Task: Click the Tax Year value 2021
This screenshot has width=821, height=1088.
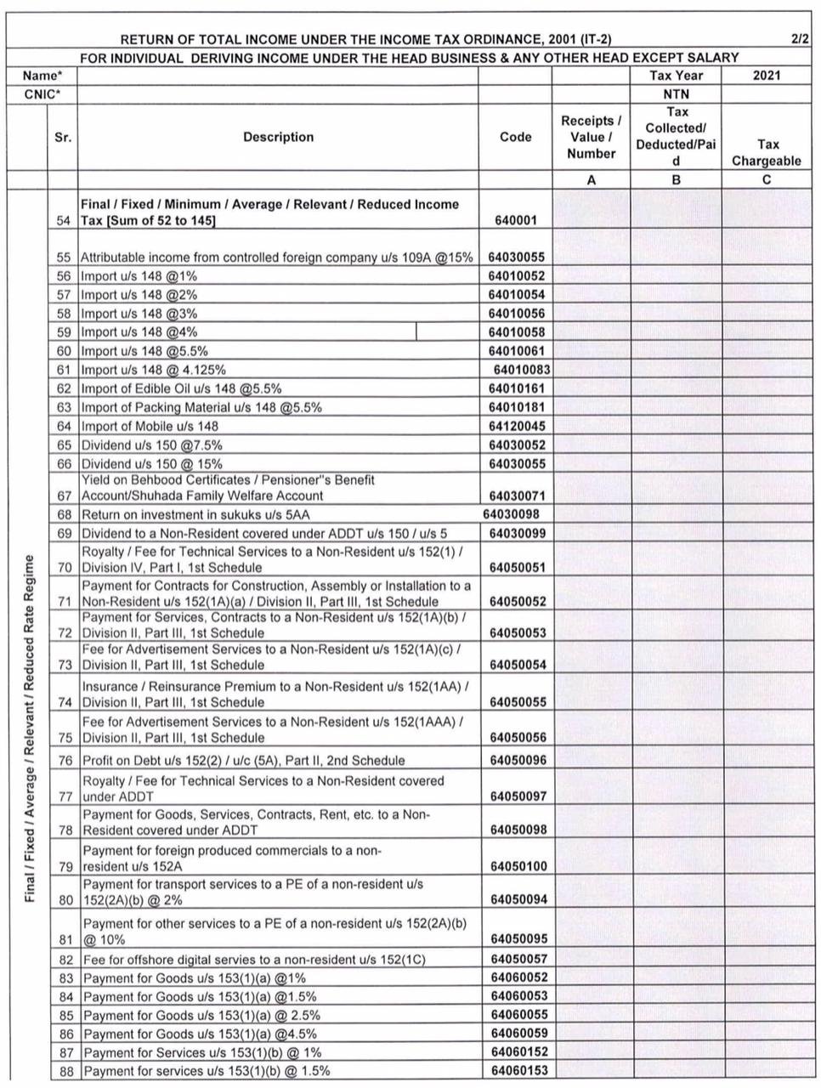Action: pyautogui.click(x=767, y=75)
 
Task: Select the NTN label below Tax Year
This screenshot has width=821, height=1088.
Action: pyautogui.click(x=676, y=93)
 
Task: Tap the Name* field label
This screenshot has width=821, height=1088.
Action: pyautogui.click(x=42, y=76)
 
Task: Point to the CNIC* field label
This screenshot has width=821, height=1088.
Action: pyautogui.click(x=42, y=93)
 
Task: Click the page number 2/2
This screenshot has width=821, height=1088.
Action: pyautogui.click(x=799, y=39)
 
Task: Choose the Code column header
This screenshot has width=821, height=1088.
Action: pyautogui.click(x=515, y=137)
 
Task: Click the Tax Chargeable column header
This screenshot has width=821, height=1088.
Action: pyautogui.click(x=767, y=152)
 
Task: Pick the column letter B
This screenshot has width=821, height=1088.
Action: pyautogui.click(x=676, y=179)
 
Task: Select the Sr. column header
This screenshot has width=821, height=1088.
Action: pyautogui.click(x=63, y=137)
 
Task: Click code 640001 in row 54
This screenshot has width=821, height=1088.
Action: pyautogui.click(x=515, y=220)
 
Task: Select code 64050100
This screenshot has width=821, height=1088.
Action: pyautogui.click(x=518, y=866)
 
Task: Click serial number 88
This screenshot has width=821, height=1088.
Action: pyautogui.click(x=65, y=1070)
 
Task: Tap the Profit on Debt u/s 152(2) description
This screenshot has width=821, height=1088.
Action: pyautogui.click(x=243, y=760)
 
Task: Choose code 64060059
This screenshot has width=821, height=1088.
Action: pyautogui.click(x=518, y=1033)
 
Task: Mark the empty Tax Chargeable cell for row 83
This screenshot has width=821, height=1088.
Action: pyautogui.click(x=767, y=977)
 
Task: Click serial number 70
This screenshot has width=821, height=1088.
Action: pyautogui.click(x=65, y=567)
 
